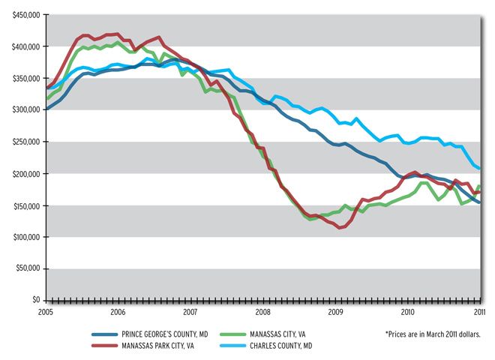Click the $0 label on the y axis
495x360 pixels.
[x=35, y=300]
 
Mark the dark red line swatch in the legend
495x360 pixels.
[x=103, y=347]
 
